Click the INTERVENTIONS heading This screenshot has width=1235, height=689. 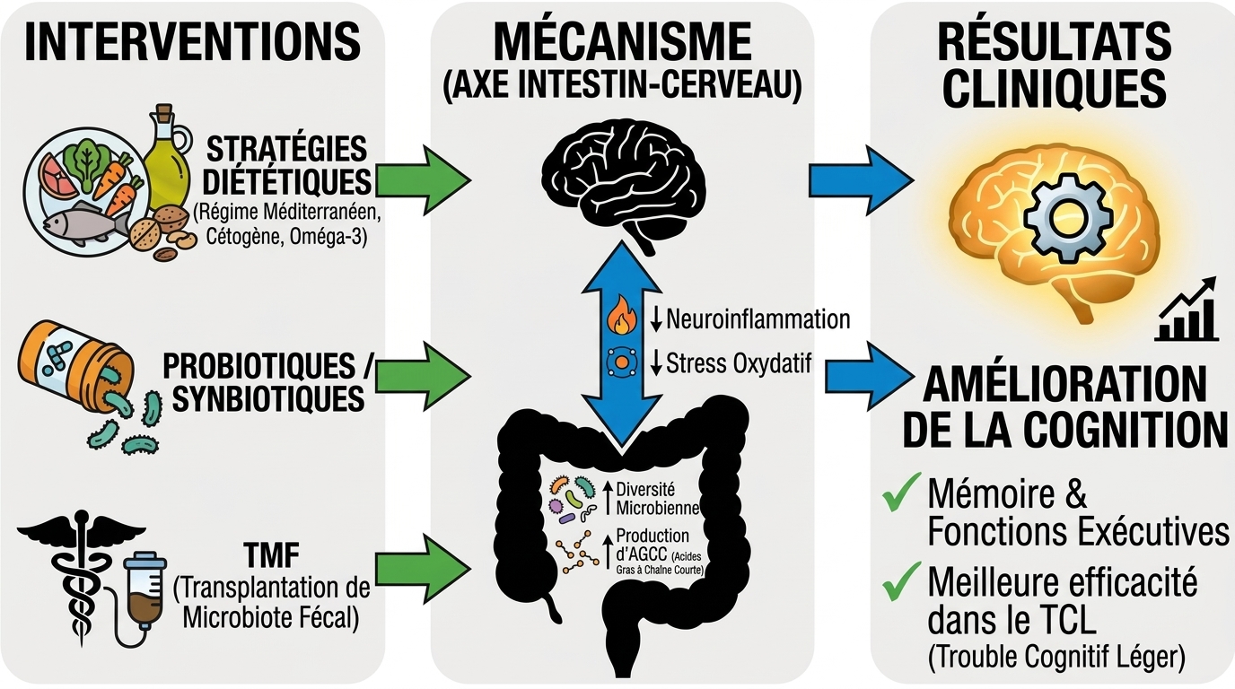pyautogui.click(x=193, y=42)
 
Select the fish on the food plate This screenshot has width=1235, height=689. pyautogui.click(x=85, y=224)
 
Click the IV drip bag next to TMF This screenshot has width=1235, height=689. pyautogui.click(x=143, y=588)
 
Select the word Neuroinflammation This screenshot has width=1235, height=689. pyautogui.click(x=758, y=318)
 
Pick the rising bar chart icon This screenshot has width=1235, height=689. pyautogui.click(x=1187, y=310)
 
